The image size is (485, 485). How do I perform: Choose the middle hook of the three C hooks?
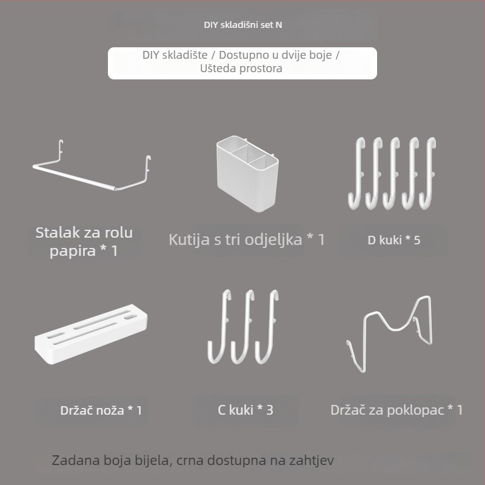pos(246,327)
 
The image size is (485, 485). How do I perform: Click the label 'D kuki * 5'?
pos(393,239)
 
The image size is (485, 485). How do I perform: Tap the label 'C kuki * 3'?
pos(246,410)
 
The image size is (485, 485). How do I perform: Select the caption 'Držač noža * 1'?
pos(101,410)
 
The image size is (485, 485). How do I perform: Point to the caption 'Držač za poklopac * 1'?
pos(396,410)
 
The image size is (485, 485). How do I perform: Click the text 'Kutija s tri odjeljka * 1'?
pos(247,239)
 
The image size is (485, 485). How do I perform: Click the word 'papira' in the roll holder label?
pos(72,250)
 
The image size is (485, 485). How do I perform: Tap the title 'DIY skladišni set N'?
pos(242,25)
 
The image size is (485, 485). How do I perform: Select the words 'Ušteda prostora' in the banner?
pos(241,69)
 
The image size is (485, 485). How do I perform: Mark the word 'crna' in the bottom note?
pos(189,460)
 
